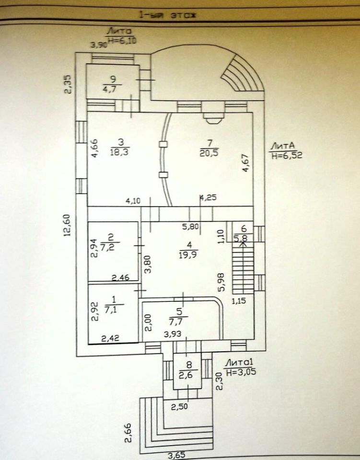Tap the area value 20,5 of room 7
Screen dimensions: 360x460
point(209,152)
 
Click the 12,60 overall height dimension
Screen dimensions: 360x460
point(68,224)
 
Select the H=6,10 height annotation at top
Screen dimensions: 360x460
point(122,40)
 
